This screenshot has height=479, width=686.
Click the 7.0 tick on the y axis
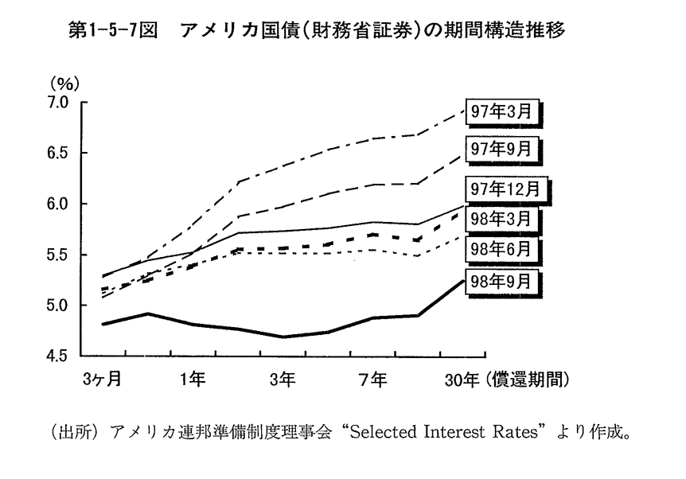(60, 103)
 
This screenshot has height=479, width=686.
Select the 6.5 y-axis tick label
(60, 154)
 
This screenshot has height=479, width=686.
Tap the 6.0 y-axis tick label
(60, 204)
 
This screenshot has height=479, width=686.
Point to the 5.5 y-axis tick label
(60, 255)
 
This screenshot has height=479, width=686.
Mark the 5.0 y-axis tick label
(60, 306)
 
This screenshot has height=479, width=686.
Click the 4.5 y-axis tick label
(60, 356)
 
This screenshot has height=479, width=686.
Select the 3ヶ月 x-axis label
(102, 380)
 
